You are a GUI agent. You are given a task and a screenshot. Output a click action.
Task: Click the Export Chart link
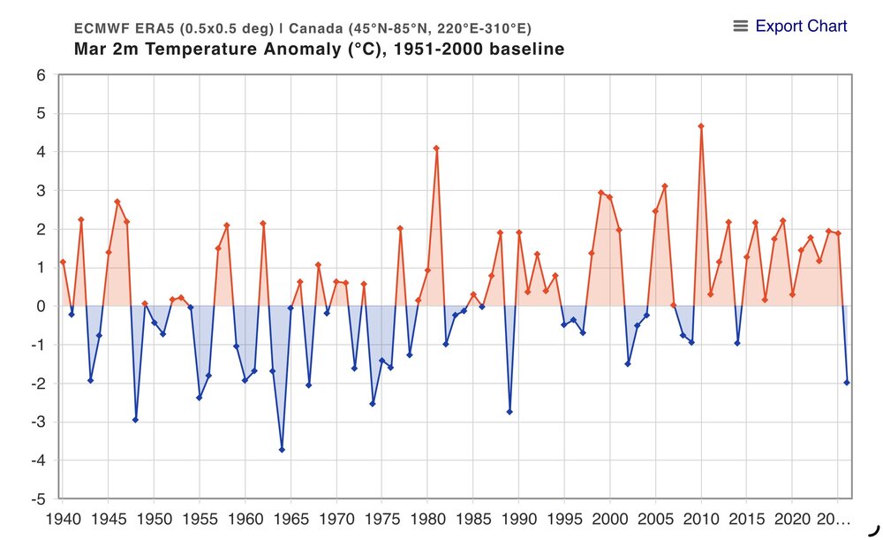(x=801, y=27)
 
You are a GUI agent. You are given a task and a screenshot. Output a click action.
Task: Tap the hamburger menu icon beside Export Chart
(x=741, y=27)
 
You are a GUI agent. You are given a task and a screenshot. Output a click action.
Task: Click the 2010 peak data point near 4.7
(x=701, y=125)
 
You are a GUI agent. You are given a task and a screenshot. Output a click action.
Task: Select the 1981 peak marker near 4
(x=436, y=148)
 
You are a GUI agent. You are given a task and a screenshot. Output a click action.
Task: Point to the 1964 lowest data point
(x=282, y=450)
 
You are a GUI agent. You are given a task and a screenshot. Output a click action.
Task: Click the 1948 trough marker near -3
(x=135, y=420)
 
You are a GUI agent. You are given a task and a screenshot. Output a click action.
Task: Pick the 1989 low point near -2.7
(x=509, y=412)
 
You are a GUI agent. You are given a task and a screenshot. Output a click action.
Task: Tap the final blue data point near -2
(x=847, y=383)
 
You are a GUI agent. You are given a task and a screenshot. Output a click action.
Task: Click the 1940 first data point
(x=63, y=262)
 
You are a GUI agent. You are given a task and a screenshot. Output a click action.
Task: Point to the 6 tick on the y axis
(x=41, y=75)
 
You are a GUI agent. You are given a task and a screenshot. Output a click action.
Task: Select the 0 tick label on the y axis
(x=41, y=306)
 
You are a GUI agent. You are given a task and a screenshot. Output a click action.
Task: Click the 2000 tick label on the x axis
(x=609, y=517)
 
